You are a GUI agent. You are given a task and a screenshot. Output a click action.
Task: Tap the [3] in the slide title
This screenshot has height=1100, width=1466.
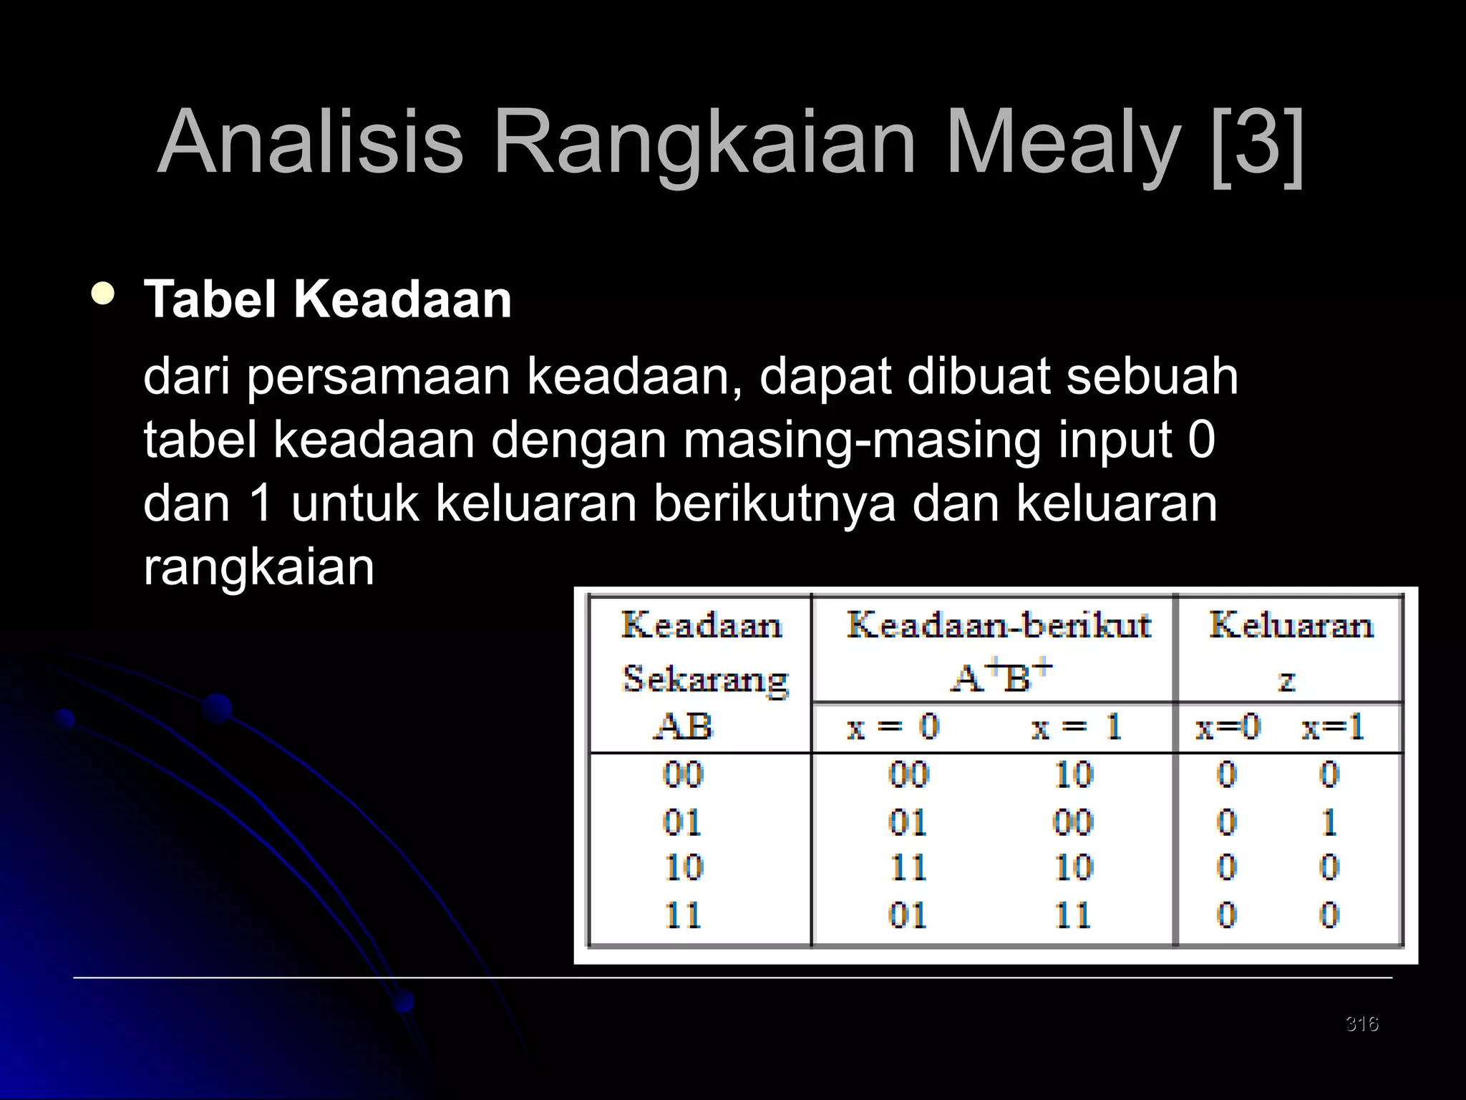pos(1258,142)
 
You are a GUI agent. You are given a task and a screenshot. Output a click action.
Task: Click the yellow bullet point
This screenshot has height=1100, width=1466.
pos(103,294)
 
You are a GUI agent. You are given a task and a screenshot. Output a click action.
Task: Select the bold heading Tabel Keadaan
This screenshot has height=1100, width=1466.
pos(328,299)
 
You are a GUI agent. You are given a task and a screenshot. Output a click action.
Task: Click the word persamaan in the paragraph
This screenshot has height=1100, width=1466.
pos(378,377)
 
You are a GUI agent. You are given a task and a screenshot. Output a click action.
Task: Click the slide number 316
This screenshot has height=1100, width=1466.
pos(1361,1023)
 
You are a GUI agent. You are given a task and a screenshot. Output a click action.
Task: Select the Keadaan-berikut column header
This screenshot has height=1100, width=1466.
pos(999,624)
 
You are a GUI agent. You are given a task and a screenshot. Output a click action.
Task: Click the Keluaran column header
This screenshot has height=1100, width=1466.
pos(1291,624)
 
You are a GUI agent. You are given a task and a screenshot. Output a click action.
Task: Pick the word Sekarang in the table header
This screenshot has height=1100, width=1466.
pos(705,678)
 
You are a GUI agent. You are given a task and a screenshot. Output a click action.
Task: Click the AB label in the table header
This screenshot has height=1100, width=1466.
pos(684,727)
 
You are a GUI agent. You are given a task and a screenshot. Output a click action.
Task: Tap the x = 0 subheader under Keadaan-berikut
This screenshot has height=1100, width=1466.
pos(893,728)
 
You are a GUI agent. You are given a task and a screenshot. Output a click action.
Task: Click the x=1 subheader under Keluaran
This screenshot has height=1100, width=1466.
pos(1333,728)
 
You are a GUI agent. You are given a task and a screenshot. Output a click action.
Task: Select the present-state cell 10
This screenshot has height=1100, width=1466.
pos(684,868)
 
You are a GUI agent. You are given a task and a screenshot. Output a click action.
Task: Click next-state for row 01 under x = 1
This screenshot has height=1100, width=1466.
pos(1073,821)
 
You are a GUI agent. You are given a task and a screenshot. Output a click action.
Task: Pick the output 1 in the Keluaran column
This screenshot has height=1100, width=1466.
pos(1329,821)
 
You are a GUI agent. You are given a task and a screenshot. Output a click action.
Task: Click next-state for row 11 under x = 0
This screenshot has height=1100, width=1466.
pos(908,915)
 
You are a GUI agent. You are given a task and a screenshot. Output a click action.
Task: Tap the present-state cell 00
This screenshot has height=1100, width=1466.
pos(684,775)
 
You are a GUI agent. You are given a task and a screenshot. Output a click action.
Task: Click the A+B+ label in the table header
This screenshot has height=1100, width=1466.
pos(1001,677)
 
